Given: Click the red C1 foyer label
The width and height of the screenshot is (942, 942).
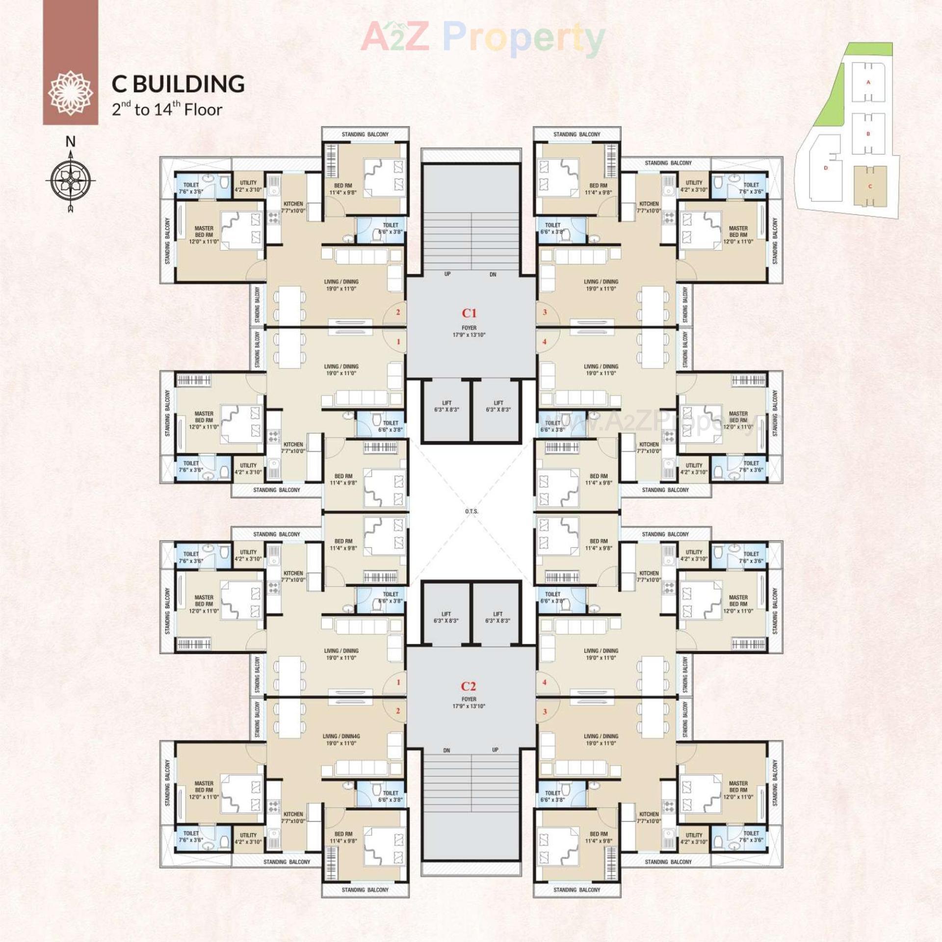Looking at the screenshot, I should point(469,313).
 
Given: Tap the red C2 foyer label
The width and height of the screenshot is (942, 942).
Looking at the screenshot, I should point(468,686).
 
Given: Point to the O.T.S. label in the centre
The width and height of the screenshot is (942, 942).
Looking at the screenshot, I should point(471,511).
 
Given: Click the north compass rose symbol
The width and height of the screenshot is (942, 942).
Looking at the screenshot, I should point(71,181).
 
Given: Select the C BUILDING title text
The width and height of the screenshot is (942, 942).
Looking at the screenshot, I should point(178,84).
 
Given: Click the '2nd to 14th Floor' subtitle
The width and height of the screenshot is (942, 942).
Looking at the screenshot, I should point(167,109).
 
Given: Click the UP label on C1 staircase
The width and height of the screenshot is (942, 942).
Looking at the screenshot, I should point(447,274).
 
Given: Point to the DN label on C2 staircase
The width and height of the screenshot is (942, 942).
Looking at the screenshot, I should point(446,751).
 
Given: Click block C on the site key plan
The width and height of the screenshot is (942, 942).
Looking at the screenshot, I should point(870,186).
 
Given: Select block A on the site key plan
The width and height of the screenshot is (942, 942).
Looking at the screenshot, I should point(868,82).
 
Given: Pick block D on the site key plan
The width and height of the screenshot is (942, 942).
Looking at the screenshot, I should point(826,168).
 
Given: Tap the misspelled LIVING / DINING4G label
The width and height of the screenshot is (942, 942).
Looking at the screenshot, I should point(341,736).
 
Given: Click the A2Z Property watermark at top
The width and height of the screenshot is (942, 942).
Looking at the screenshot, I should point(483,37).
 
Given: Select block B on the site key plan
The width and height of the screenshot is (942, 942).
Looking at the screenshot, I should point(868,133).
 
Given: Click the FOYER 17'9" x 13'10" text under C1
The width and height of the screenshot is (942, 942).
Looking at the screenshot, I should point(469,332).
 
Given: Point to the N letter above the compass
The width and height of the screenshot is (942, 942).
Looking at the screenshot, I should point(71,142).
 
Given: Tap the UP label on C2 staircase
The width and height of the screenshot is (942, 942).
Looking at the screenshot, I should point(495,750).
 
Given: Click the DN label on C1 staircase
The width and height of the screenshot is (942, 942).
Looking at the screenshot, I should point(493,275).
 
